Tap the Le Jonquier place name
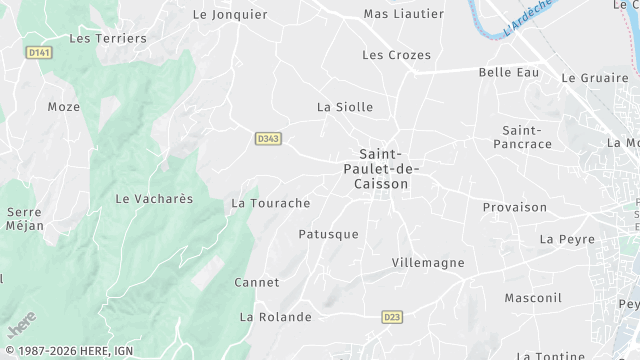[x=230, y=15]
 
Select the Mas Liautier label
[x=390, y=14]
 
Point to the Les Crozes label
[x=397, y=55]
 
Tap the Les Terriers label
[x=108, y=38]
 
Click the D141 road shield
[x=39, y=53]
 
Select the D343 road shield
[x=266, y=138]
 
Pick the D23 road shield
[x=392, y=317]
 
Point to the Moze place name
[x=63, y=106]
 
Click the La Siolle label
[x=345, y=106]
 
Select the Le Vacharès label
[x=154, y=199]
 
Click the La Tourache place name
[x=271, y=203]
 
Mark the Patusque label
[x=328, y=234]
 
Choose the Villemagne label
[x=427, y=262]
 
